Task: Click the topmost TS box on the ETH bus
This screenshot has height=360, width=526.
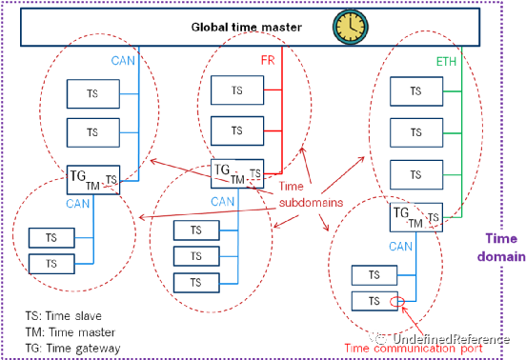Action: pos(414,91)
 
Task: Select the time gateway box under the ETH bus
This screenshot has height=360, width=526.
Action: pos(415,217)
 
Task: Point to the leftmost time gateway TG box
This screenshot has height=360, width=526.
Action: pos(93,178)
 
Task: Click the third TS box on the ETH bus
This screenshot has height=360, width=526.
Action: pos(414,175)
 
